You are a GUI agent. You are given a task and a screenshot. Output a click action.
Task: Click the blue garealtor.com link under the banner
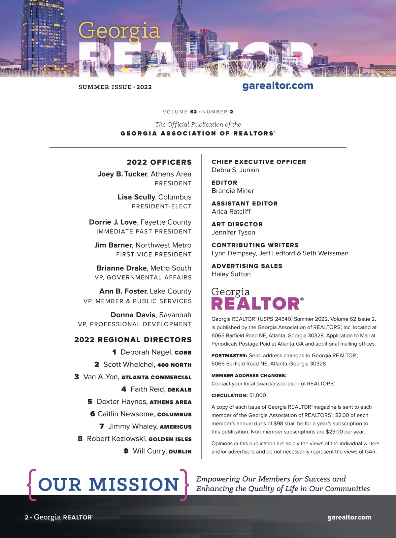click(278, 86)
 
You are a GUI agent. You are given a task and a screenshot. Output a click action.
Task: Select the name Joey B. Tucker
click(122, 174)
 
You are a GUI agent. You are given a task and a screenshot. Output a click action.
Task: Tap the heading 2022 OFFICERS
click(159, 162)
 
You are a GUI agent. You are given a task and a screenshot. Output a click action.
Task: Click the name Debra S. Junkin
click(235, 170)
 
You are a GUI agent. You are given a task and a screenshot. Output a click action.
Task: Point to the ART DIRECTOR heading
click(237, 224)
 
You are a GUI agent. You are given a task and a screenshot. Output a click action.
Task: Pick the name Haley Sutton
click(231, 274)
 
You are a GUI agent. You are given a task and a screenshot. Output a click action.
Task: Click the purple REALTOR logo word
click(255, 304)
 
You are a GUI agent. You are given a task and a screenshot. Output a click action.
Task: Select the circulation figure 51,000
click(257, 396)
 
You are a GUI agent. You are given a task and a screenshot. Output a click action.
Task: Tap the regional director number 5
click(90, 402)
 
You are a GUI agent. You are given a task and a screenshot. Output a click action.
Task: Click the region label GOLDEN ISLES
click(170, 439)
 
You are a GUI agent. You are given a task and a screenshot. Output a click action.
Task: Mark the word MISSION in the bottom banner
click(134, 485)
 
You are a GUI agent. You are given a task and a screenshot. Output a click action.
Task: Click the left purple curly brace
click(32, 485)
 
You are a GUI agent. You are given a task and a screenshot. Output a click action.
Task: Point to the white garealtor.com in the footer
click(349, 518)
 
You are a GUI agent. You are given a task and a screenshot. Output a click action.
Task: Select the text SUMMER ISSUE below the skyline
click(105, 87)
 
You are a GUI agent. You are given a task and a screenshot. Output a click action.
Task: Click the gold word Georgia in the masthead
click(119, 31)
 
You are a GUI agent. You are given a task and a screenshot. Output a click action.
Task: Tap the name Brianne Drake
click(121, 268)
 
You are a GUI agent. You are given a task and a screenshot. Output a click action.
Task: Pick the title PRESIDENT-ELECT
click(162, 206)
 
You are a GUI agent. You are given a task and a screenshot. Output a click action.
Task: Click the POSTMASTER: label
click(229, 356)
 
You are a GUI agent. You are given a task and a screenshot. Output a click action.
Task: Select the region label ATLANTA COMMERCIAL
click(156, 377)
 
